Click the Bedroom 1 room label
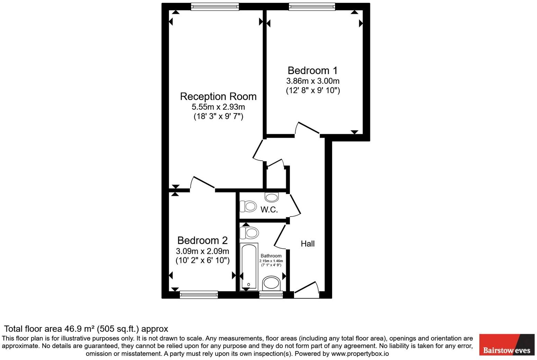click(312, 71)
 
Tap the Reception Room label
click(218, 96)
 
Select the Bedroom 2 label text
click(202, 240)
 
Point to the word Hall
click(308, 244)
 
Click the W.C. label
click(269, 210)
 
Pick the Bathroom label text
click(271, 256)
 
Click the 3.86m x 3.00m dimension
click(312, 81)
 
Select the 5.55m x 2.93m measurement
click(218, 107)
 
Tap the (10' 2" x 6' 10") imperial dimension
click(202, 260)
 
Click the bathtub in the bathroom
click(249, 266)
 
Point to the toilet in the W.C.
click(248, 207)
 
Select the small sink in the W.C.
click(272, 197)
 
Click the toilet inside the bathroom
click(249, 233)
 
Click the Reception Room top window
click(215, 7)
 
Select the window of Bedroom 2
click(199, 295)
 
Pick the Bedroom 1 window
click(312, 7)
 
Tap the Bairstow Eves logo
click(507, 345)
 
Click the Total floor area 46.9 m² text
click(86, 329)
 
